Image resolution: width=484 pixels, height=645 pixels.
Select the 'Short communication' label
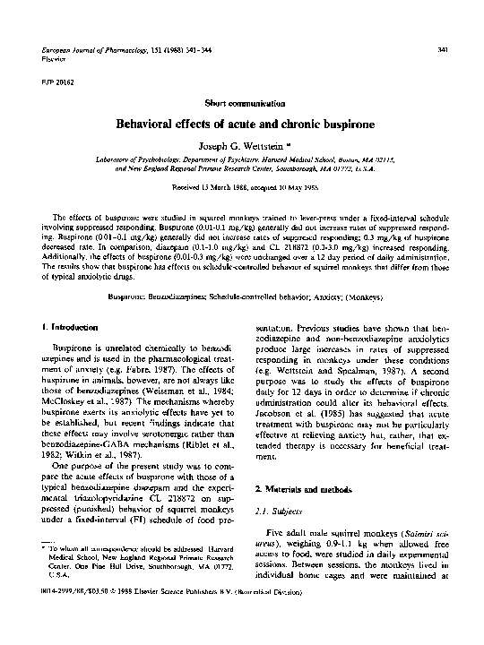(242, 103)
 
